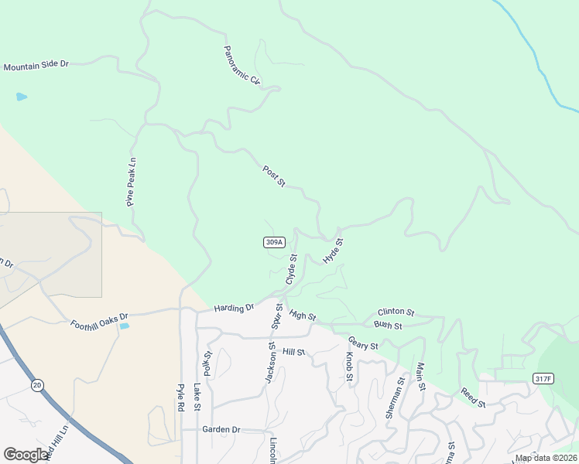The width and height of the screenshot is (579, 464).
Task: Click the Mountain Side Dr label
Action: point(36,67)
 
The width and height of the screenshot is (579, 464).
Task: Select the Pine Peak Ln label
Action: point(132,183)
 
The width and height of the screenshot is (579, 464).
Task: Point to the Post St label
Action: point(274,176)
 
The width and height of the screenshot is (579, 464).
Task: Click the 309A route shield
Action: point(274,242)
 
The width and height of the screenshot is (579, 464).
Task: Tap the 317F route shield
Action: point(543,378)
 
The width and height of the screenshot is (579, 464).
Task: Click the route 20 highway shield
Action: point(36,384)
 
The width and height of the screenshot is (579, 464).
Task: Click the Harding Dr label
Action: point(235,308)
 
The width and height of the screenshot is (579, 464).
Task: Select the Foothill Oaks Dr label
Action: point(98,319)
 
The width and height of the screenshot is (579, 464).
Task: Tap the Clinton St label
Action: point(396,312)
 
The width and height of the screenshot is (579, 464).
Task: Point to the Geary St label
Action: point(362,342)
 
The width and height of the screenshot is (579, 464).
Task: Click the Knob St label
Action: point(349,369)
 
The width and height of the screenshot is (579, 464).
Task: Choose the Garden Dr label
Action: point(221,429)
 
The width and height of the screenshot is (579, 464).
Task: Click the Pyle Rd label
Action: point(180,397)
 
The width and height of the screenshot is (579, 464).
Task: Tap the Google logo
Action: point(26,455)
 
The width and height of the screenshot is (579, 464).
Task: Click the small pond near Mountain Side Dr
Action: point(21,97)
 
